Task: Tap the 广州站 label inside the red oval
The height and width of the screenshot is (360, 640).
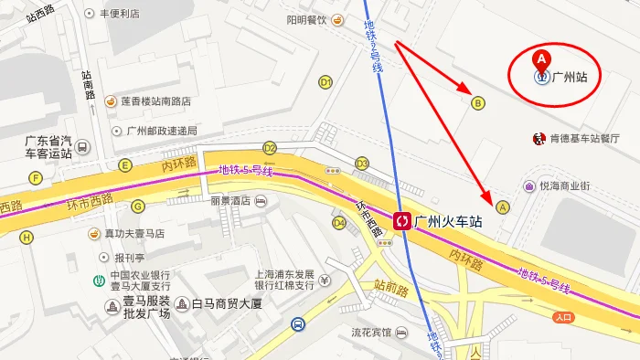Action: [x=569, y=78]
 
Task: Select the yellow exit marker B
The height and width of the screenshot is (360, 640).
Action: [x=477, y=103]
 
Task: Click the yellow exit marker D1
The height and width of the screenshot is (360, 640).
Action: [x=325, y=82]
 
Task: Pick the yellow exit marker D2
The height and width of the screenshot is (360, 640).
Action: [x=270, y=147]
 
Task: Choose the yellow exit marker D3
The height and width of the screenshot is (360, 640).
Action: [x=362, y=164]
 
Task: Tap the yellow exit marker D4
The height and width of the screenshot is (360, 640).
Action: [x=339, y=222]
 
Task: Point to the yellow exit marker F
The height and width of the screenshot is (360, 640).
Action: [x=37, y=177]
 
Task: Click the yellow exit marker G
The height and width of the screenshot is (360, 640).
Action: [x=138, y=206]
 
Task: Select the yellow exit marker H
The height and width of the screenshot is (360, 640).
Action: [x=27, y=238]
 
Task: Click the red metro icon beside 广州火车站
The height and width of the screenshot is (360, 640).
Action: [x=401, y=220]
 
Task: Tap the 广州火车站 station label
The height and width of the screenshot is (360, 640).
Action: [x=448, y=220]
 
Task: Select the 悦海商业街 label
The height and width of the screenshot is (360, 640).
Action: [x=564, y=185]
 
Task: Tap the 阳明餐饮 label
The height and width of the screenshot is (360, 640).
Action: [x=306, y=20]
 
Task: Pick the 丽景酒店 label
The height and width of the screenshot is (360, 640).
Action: [x=229, y=200]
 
